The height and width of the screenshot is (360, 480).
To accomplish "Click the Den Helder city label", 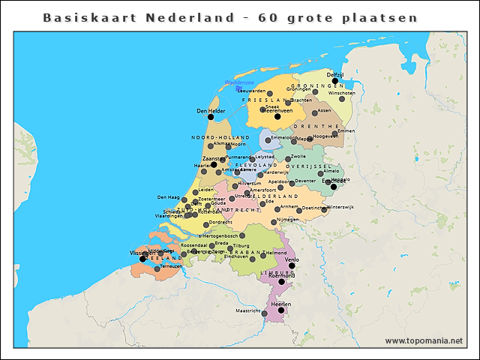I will (211, 111).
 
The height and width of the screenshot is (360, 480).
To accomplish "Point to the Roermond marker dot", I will (282, 282).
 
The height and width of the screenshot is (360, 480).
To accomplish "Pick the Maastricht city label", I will (247, 310).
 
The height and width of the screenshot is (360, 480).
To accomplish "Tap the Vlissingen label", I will (142, 253).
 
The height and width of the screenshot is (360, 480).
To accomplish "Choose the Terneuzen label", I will (170, 266).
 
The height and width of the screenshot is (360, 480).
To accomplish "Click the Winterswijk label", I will (340, 207).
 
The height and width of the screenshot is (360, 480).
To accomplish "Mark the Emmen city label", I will (346, 131).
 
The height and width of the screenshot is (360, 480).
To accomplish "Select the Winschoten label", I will (342, 93).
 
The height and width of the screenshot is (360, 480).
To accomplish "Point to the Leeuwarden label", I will (251, 91).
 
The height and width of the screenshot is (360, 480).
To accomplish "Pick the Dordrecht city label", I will (220, 222).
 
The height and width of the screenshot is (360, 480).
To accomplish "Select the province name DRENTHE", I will (319, 127).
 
